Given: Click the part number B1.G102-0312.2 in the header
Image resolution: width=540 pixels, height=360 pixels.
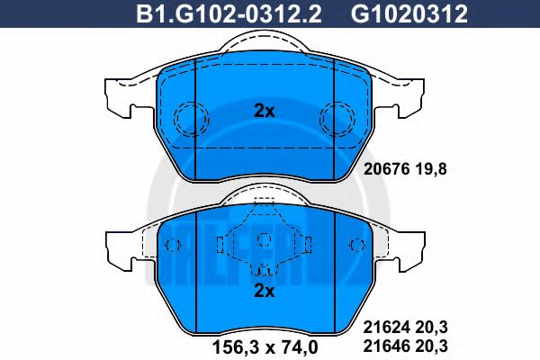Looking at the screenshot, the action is [229, 13].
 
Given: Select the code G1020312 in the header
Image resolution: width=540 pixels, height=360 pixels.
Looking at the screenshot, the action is [409, 13].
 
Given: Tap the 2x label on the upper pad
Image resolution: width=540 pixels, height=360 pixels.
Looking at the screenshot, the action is [264, 111].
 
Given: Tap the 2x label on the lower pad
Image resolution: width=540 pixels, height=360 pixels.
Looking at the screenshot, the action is [264, 291].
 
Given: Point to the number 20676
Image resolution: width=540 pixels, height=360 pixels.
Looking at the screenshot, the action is [387, 169].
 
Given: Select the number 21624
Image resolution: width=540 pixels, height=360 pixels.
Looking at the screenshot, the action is [387, 327].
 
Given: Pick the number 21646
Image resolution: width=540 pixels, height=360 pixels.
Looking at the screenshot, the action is [387, 346].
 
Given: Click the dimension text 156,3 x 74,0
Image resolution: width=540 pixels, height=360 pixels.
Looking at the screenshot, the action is [265, 346].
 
